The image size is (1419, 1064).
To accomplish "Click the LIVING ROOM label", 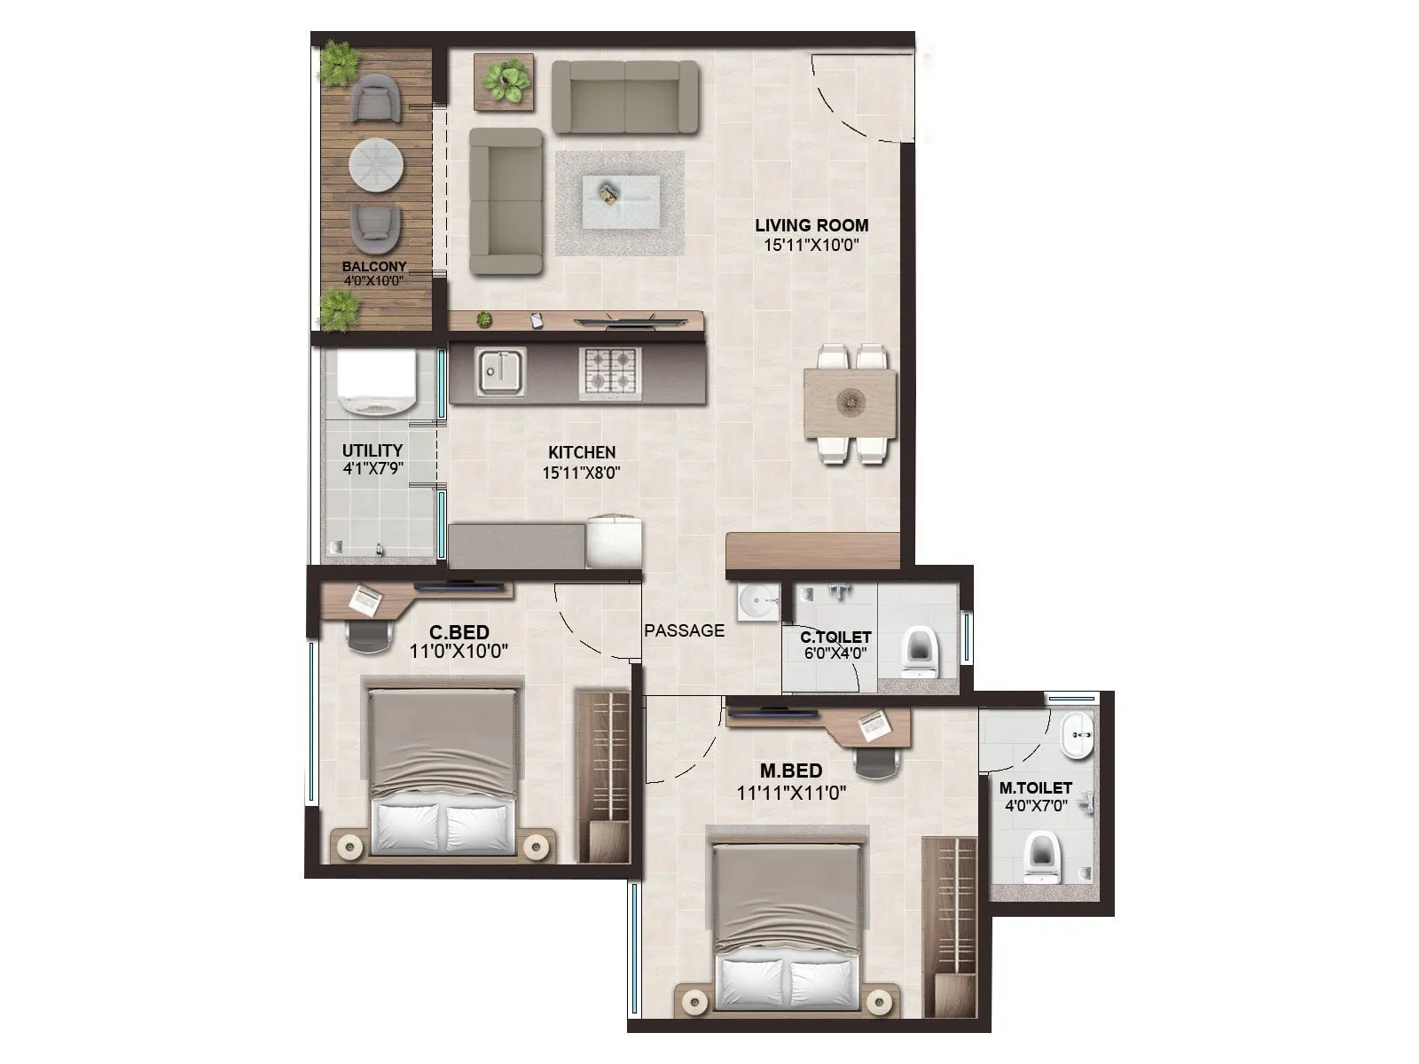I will (x=811, y=225).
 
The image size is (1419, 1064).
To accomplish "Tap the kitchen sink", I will (x=500, y=372).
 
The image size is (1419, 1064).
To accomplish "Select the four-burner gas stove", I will (x=610, y=372).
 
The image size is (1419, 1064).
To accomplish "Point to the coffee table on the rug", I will (x=620, y=201).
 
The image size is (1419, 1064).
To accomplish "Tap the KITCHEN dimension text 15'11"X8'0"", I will (x=581, y=473).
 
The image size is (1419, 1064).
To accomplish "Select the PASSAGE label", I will (x=684, y=630).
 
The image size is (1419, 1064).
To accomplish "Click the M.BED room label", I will (x=790, y=771).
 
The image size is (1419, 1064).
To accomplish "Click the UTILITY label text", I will (x=372, y=450).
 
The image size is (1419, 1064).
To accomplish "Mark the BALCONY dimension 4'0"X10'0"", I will (x=373, y=280).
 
